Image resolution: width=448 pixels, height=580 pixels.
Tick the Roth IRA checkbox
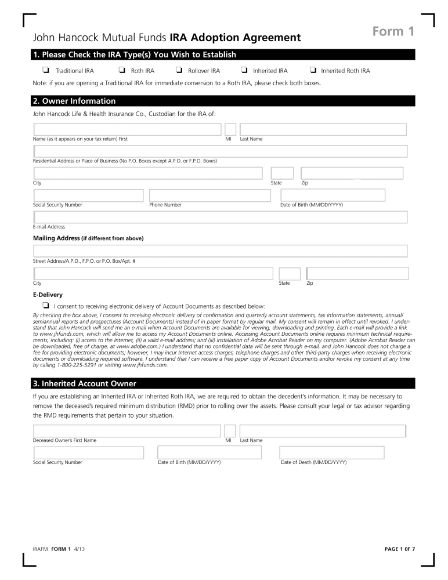pos(122,71)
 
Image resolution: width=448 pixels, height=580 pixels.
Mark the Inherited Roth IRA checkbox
pos(313,71)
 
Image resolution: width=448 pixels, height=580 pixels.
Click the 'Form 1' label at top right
pos(393,31)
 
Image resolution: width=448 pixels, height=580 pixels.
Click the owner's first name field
pos(127,129)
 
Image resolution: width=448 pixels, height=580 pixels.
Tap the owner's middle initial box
pos(230,129)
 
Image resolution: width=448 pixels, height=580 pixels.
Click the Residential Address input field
pos(221,151)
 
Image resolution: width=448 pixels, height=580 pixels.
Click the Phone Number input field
pos(209,195)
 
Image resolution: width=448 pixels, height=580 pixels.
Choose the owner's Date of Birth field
pos(333,195)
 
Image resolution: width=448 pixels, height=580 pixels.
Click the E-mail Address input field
pos(221,217)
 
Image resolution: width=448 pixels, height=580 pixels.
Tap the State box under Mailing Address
pos(290,274)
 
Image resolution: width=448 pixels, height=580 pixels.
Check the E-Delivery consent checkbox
pos(45,305)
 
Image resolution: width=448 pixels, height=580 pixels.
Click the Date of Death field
pos(331,452)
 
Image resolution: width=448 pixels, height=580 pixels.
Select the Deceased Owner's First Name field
pos(127,431)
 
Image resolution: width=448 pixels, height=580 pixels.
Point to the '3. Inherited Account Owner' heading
pos(85,384)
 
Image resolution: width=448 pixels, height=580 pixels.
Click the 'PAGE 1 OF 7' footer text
pos(400,549)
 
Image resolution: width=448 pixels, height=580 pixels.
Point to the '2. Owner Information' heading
pos(74,101)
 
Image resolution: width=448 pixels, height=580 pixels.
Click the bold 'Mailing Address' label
pos(56,238)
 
